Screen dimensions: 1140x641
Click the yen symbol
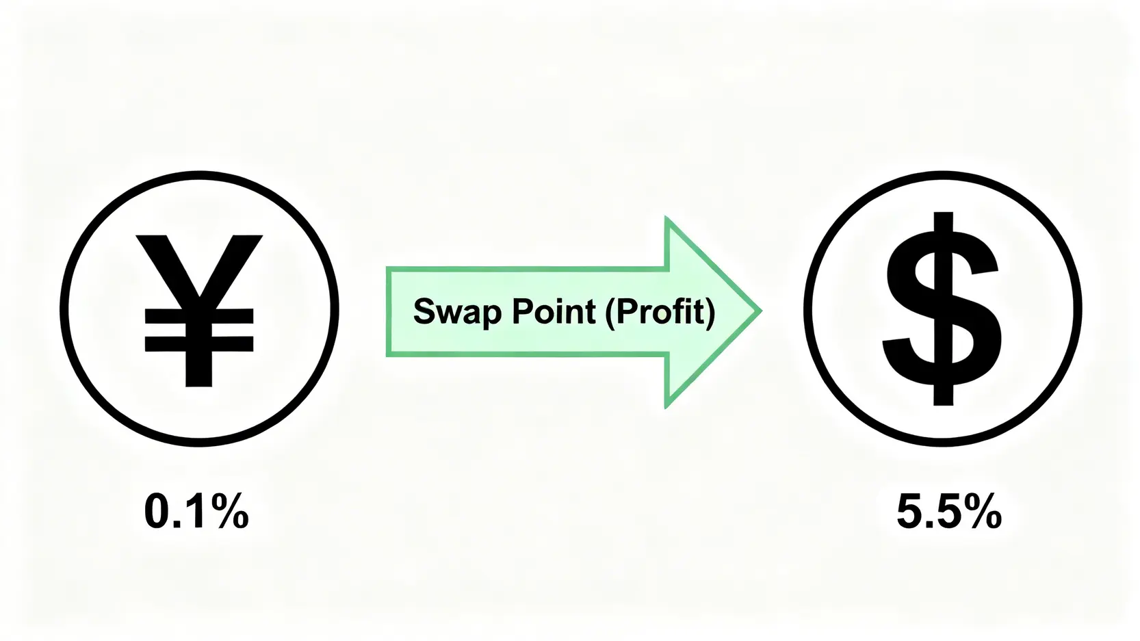[x=199, y=311]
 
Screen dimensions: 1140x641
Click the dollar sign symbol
[x=942, y=309]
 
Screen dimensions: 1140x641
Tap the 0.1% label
[x=196, y=511]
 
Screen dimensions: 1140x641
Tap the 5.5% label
[x=948, y=511]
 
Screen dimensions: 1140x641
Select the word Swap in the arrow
[x=458, y=312]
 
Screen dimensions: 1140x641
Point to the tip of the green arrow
[x=762, y=311]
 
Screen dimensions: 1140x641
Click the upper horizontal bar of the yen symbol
[x=199, y=316]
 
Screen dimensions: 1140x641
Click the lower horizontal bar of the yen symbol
[x=199, y=344]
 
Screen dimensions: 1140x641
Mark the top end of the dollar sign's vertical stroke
[x=942, y=213]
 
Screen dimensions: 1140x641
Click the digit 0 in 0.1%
[x=157, y=511]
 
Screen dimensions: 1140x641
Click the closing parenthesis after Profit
[x=710, y=312]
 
